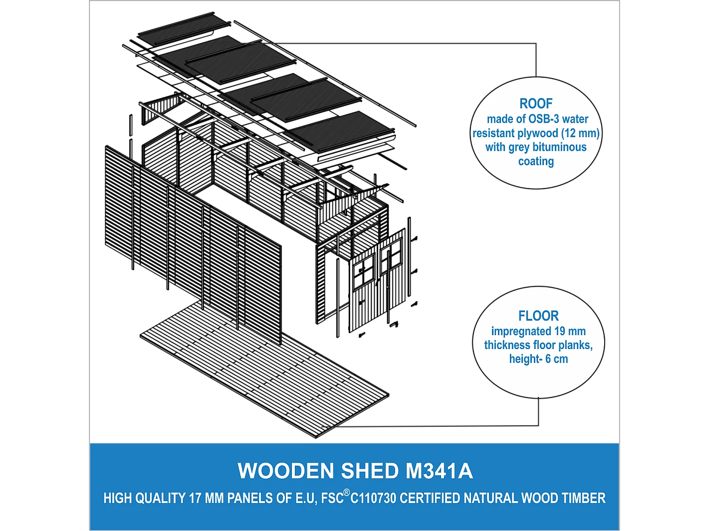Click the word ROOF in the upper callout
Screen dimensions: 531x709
pyautogui.click(x=536, y=104)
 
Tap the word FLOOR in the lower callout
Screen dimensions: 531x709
pyautogui.click(x=538, y=316)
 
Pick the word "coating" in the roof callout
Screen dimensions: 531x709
pyautogui.click(x=536, y=161)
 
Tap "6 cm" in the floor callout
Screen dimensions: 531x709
pyautogui.click(x=556, y=359)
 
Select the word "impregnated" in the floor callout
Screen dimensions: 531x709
pyautogui.click(x=521, y=332)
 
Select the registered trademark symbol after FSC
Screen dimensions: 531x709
pyautogui.click(x=347, y=493)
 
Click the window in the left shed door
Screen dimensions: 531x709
pyautogui.click(x=364, y=272)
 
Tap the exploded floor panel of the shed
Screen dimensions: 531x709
pyautogui.click(x=264, y=369)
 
